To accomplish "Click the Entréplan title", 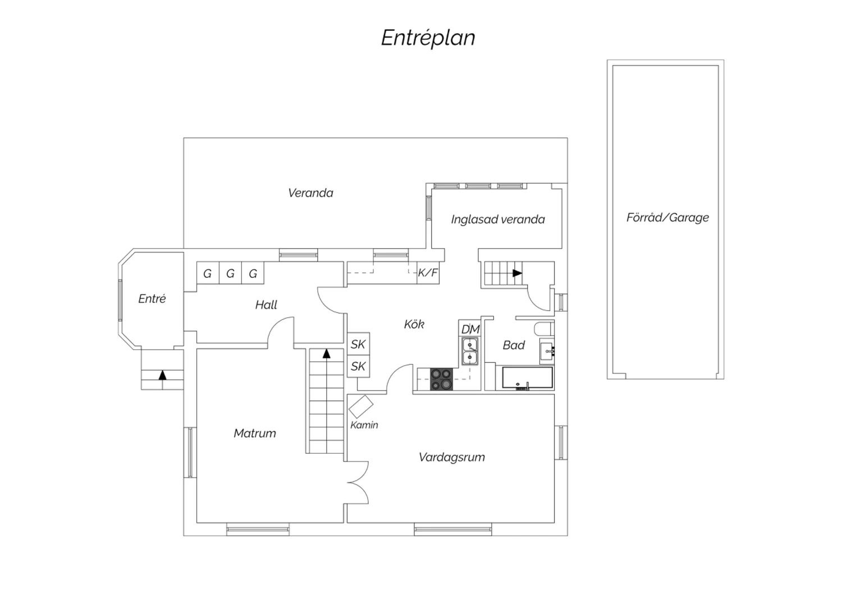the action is [428, 38].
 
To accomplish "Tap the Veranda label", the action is [310, 193].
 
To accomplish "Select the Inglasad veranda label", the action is [498, 219].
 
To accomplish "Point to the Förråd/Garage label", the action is [667, 218].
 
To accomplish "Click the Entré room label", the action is [152, 299].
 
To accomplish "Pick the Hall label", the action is [266, 304].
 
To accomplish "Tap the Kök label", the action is [414, 324].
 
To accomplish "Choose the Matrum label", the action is [255, 433].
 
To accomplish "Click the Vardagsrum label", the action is [452, 457].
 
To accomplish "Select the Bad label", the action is [514, 345].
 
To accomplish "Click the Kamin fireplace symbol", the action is [361, 406].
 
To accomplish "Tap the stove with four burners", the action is [441, 379].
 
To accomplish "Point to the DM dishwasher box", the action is [469, 328].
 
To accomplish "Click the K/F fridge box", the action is [428, 272].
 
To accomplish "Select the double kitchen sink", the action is [470, 351].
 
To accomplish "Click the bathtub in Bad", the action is [528, 378].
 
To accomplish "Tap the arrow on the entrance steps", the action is [162, 375].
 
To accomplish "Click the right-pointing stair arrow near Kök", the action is [518, 273].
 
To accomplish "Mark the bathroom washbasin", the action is [547, 351].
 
